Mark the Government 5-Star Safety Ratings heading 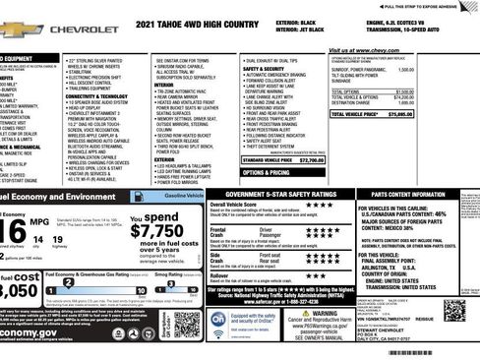(280, 195)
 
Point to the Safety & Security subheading (266, 68)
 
